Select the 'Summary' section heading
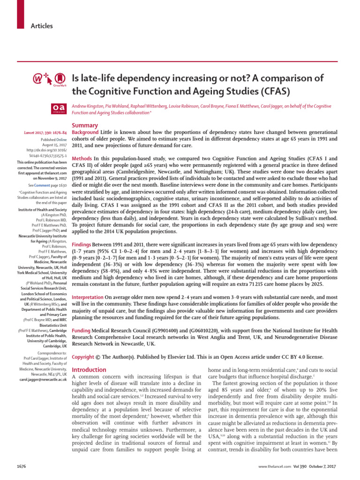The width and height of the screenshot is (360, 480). (x=85, y=126)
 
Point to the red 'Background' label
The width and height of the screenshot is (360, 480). (x=85, y=133)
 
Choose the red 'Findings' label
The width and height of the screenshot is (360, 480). (x=82, y=245)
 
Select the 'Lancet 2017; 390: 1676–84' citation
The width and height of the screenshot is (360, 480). (x=45, y=133)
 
